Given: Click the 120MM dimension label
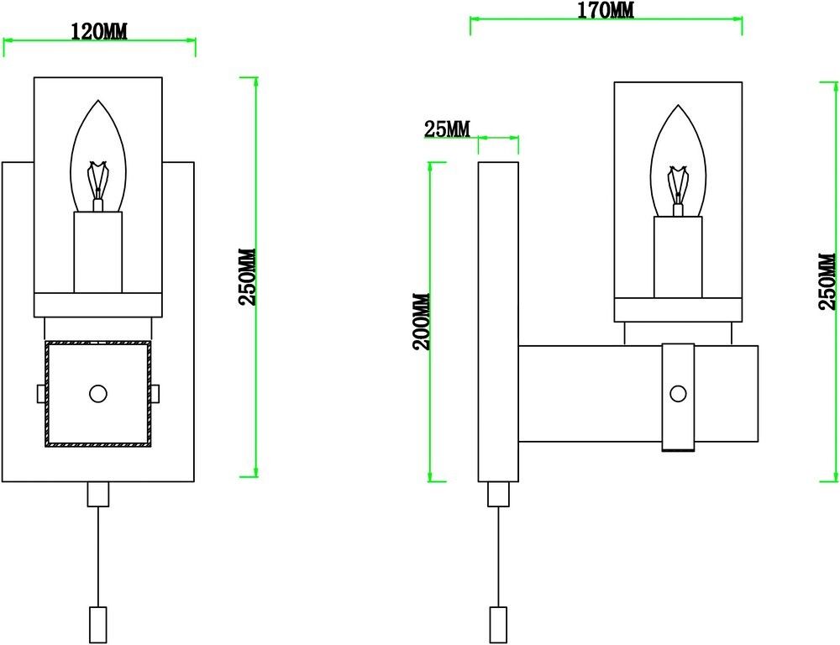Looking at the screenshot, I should point(98,32).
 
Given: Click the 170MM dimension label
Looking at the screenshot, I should point(606,10).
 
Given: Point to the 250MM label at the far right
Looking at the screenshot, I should point(828,281).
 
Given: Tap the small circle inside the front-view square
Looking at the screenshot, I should point(98,393).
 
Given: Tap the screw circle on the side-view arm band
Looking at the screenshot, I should point(678,392).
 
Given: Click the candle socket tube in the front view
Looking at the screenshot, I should point(98,252).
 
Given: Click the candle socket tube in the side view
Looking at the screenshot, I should point(678,257).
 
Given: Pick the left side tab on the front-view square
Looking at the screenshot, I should point(39,393).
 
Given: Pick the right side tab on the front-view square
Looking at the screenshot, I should point(157,393).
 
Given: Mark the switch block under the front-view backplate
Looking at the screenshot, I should point(98,494).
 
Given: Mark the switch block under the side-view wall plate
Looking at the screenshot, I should point(499,494).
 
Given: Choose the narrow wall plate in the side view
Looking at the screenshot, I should point(498,322).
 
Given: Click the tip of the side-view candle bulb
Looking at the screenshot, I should point(677,107).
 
